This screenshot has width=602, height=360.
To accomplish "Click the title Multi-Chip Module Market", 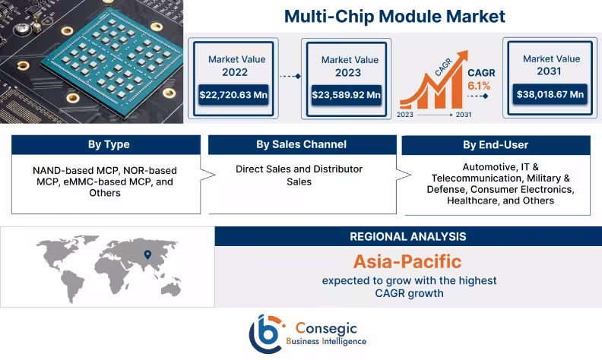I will tap(394, 16).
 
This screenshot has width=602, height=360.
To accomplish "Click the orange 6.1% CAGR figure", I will tap(479, 86).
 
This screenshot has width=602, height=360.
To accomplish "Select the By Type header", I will tap(108, 145).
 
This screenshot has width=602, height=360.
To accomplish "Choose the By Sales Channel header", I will tap(302, 145).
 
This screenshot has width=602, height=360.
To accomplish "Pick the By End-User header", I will tap(496, 145).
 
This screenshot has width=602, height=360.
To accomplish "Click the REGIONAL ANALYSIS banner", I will tap(408, 236).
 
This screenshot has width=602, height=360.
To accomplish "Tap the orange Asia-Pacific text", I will tap(407, 261).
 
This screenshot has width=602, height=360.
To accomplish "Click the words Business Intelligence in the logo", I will tap(326, 342).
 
